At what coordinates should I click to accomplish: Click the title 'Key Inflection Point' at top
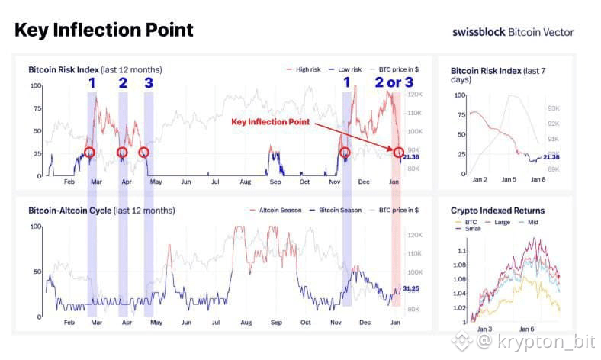coord(104,30)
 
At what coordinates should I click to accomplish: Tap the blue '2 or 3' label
coord(394,82)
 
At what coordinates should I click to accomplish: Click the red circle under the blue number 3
coord(144,153)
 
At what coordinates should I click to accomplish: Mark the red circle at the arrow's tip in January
coord(400,153)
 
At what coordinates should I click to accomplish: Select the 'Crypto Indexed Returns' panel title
coord(498,211)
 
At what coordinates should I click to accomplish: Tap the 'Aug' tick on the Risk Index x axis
coord(245,183)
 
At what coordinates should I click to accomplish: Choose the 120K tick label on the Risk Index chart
coord(416,95)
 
